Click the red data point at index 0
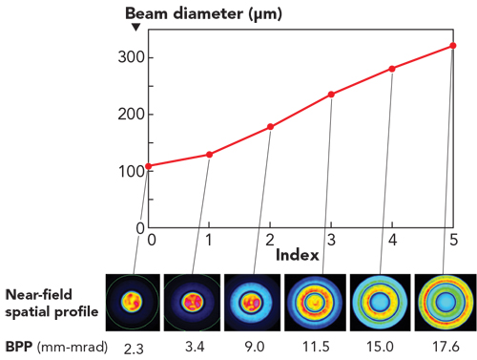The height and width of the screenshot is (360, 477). click(x=149, y=166)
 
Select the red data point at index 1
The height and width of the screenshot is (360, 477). click(x=210, y=154)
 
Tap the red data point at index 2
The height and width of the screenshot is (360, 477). click(x=271, y=126)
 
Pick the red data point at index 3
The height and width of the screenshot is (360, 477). click(x=331, y=94)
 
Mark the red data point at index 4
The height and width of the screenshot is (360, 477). click(x=392, y=68)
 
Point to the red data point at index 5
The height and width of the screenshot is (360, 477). click(x=452, y=46)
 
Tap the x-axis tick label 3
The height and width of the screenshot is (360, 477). click(x=331, y=239)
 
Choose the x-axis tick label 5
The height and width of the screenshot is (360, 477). click(x=452, y=239)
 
